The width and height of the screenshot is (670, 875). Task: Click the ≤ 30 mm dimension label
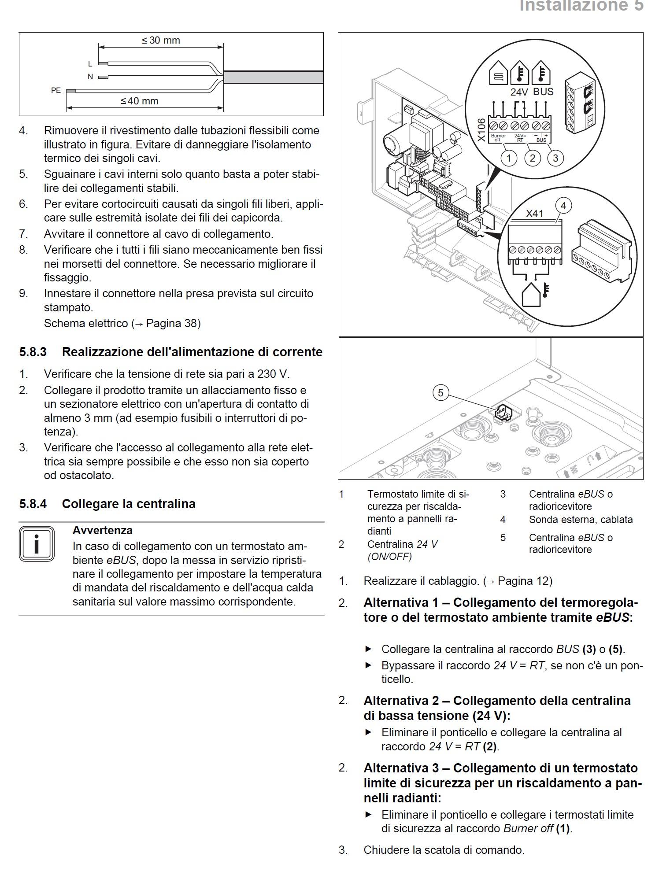pyautogui.click(x=161, y=41)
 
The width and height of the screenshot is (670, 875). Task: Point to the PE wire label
pyautogui.click(x=56, y=90)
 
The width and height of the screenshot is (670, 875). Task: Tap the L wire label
pyautogui.click(x=90, y=64)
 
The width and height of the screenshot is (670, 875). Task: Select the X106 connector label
pyautogui.click(x=481, y=130)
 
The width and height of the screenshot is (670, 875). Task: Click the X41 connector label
pyautogui.click(x=534, y=214)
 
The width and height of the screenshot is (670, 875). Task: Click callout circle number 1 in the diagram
pyautogui.click(x=509, y=158)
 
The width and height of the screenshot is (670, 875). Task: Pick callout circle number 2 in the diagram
pyautogui.click(x=533, y=158)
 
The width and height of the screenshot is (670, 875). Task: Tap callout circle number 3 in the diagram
pyautogui.click(x=555, y=158)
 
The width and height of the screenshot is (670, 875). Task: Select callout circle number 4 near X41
pyautogui.click(x=563, y=205)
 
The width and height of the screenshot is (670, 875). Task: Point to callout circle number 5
pyautogui.click(x=440, y=392)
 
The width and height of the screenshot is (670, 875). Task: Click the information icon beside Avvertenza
pyautogui.click(x=37, y=544)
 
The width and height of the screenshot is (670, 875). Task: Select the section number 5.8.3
pyautogui.click(x=33, y=352)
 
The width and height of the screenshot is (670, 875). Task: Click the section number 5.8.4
pyautogui.click(x=33, y=504)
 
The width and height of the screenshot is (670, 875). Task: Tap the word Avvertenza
pyautogui.click(x=102, y=530)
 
